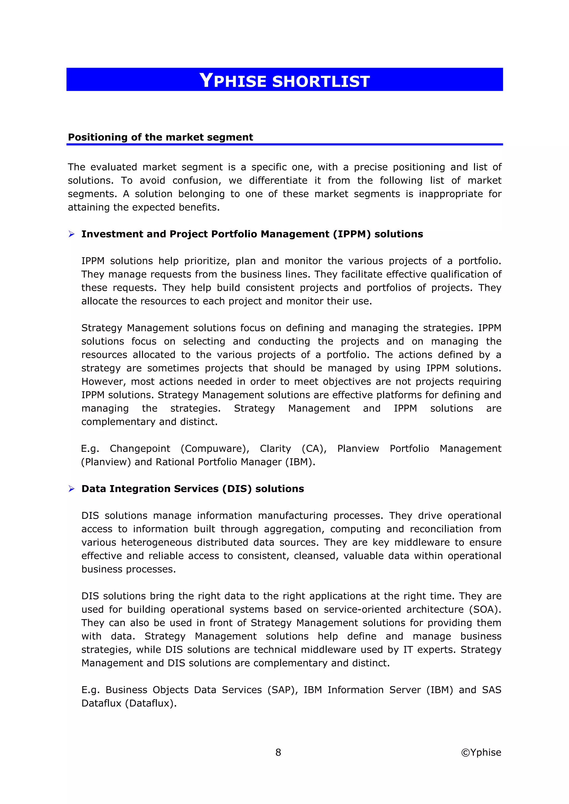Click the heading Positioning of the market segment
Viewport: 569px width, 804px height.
[160, 137]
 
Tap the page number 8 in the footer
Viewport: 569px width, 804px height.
[278, 752]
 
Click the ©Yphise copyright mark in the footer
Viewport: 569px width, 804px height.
[481, 752]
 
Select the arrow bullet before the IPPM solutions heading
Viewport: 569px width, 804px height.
[71, 234]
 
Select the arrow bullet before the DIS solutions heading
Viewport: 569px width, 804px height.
[71, 489]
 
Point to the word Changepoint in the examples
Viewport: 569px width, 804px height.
[140, 448]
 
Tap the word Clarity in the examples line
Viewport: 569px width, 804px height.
[275, 448]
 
